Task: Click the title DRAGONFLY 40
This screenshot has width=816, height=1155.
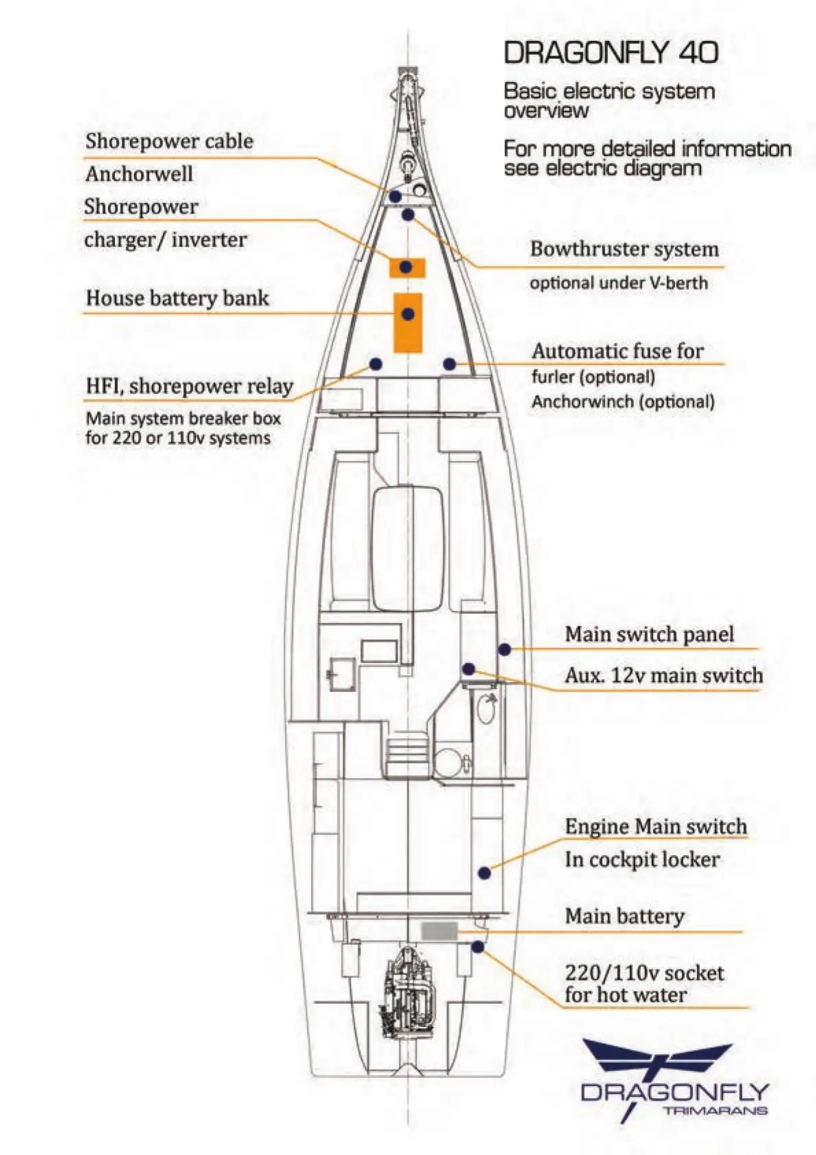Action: tap(611, 53)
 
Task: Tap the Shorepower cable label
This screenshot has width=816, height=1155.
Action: tap(169, 141)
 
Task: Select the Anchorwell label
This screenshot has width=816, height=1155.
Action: tap(139, 174)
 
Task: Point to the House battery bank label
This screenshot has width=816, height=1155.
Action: tap(177, 298)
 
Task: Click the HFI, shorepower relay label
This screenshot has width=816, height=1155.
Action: tap(189, 386)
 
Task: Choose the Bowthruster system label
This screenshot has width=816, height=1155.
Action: tap(624, 249)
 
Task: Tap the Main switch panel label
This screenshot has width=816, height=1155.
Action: tap(649, 634)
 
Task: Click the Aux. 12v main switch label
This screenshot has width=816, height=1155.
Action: tap(663, 676)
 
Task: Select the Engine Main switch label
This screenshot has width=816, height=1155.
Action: tap(656, 826)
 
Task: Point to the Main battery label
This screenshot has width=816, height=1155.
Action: tap(624, 916)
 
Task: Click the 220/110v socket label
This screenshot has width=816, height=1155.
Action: tap(644, 973)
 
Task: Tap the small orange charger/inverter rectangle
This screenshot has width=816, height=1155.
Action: tap(407, 267)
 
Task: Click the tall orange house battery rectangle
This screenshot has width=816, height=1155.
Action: tap(407, 322)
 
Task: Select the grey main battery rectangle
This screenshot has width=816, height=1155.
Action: tap(439, 931)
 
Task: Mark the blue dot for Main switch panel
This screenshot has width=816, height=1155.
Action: tap(504, 649)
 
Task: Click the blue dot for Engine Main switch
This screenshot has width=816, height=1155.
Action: tap(484, 873)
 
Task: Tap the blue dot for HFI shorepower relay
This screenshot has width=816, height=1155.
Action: tap(375, 363)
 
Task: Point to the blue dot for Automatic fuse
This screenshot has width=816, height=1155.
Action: tap(449, 364)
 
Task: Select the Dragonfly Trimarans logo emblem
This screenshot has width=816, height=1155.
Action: tap(657, 1060)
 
